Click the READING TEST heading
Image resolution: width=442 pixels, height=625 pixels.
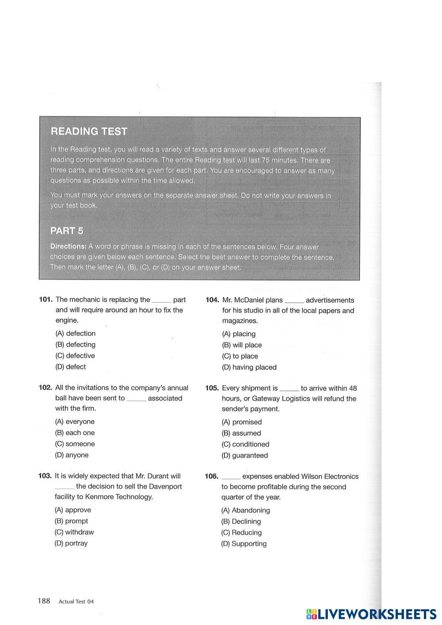pos(89,131)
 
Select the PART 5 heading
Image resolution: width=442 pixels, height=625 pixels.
pos(67,231)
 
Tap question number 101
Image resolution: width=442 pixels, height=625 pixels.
pos(46,299)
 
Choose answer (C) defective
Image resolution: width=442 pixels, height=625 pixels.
pos(75,356)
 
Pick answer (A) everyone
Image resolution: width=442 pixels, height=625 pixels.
pos(75,421)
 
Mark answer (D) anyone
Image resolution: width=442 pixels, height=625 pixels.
pos(72,455)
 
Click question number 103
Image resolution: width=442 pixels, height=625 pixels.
pos(45,476)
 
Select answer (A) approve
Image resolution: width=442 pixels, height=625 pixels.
pos(72,510)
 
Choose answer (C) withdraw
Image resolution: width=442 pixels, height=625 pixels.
pos(74,532)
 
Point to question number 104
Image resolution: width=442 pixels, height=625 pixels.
pos(212,300)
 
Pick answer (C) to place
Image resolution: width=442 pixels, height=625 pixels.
pos(240,356)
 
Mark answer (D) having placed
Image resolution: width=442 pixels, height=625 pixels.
pos(249,367)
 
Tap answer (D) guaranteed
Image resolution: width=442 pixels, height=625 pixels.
pos(244,455)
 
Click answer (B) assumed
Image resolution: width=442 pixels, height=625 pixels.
pos(241,433)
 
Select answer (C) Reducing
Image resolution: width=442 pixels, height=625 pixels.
pos(241,533)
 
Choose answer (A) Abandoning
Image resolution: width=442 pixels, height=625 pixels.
pos(245,510)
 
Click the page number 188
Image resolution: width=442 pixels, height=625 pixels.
pos(44,601)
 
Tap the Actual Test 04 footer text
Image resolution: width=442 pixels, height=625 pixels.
pos(76,601)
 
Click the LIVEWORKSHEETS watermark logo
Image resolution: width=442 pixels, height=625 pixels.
pos(371,614)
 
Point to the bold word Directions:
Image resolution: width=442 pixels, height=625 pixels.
pos(68,246)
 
